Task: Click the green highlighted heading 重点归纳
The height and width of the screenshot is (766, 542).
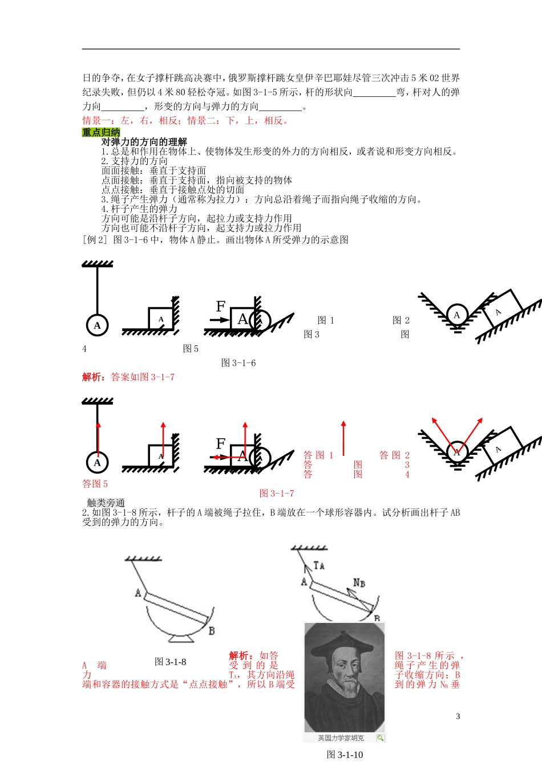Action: [x=101, y=132]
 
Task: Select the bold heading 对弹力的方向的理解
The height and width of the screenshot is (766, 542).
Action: [x=144, y=142]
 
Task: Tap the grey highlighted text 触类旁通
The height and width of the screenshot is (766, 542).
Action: [x=106, y=503]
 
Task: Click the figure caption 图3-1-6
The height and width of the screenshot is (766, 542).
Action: [x=238, y=363]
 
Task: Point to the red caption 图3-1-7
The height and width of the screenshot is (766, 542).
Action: [x=277, y=494]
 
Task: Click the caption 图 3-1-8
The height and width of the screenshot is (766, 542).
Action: [x=170, y=662]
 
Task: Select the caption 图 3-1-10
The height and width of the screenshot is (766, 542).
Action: [x=345, y=755]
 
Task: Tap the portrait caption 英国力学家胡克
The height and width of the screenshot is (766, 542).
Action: [x=341, y=738]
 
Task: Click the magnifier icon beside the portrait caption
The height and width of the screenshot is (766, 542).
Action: [x=380, y=738]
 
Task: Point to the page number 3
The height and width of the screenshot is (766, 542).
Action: [x=458, y=716]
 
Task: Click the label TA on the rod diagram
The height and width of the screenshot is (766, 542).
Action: [x=319, y=565]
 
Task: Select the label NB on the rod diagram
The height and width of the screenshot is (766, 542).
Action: [x=359, y=582]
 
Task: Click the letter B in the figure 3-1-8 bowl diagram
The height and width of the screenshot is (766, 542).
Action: [x=212, y=631]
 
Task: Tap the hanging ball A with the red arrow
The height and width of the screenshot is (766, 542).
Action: [x=98, y=462]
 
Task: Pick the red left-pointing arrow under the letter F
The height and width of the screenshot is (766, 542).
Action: [x=220, y=457]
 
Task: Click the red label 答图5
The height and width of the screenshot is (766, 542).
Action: [x=95, y=484]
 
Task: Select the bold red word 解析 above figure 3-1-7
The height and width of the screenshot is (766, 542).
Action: [x=93, y=377]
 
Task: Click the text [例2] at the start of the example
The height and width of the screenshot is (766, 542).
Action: [x=95, y=240]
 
